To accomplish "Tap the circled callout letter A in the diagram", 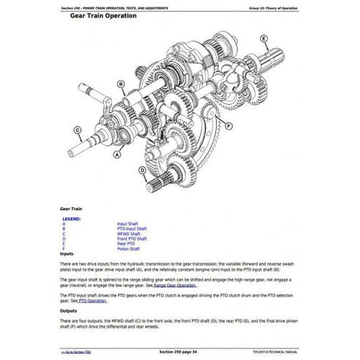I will [114, 155].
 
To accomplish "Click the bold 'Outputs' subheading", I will [71, 310].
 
